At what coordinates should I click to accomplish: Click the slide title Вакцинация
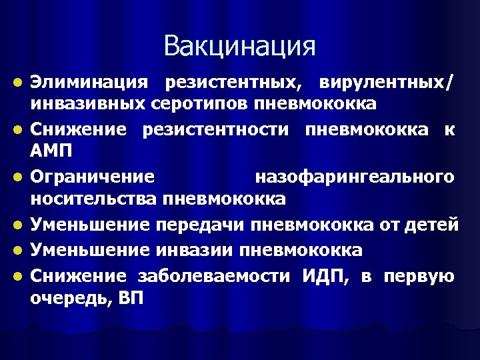point(239,46)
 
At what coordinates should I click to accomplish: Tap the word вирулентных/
point(387,84)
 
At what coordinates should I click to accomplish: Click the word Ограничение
point(93,177)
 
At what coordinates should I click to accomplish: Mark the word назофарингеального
point(355,177)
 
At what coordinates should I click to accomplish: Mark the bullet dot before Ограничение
point(22,178)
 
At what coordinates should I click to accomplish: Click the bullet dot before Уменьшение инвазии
point(22,251)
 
